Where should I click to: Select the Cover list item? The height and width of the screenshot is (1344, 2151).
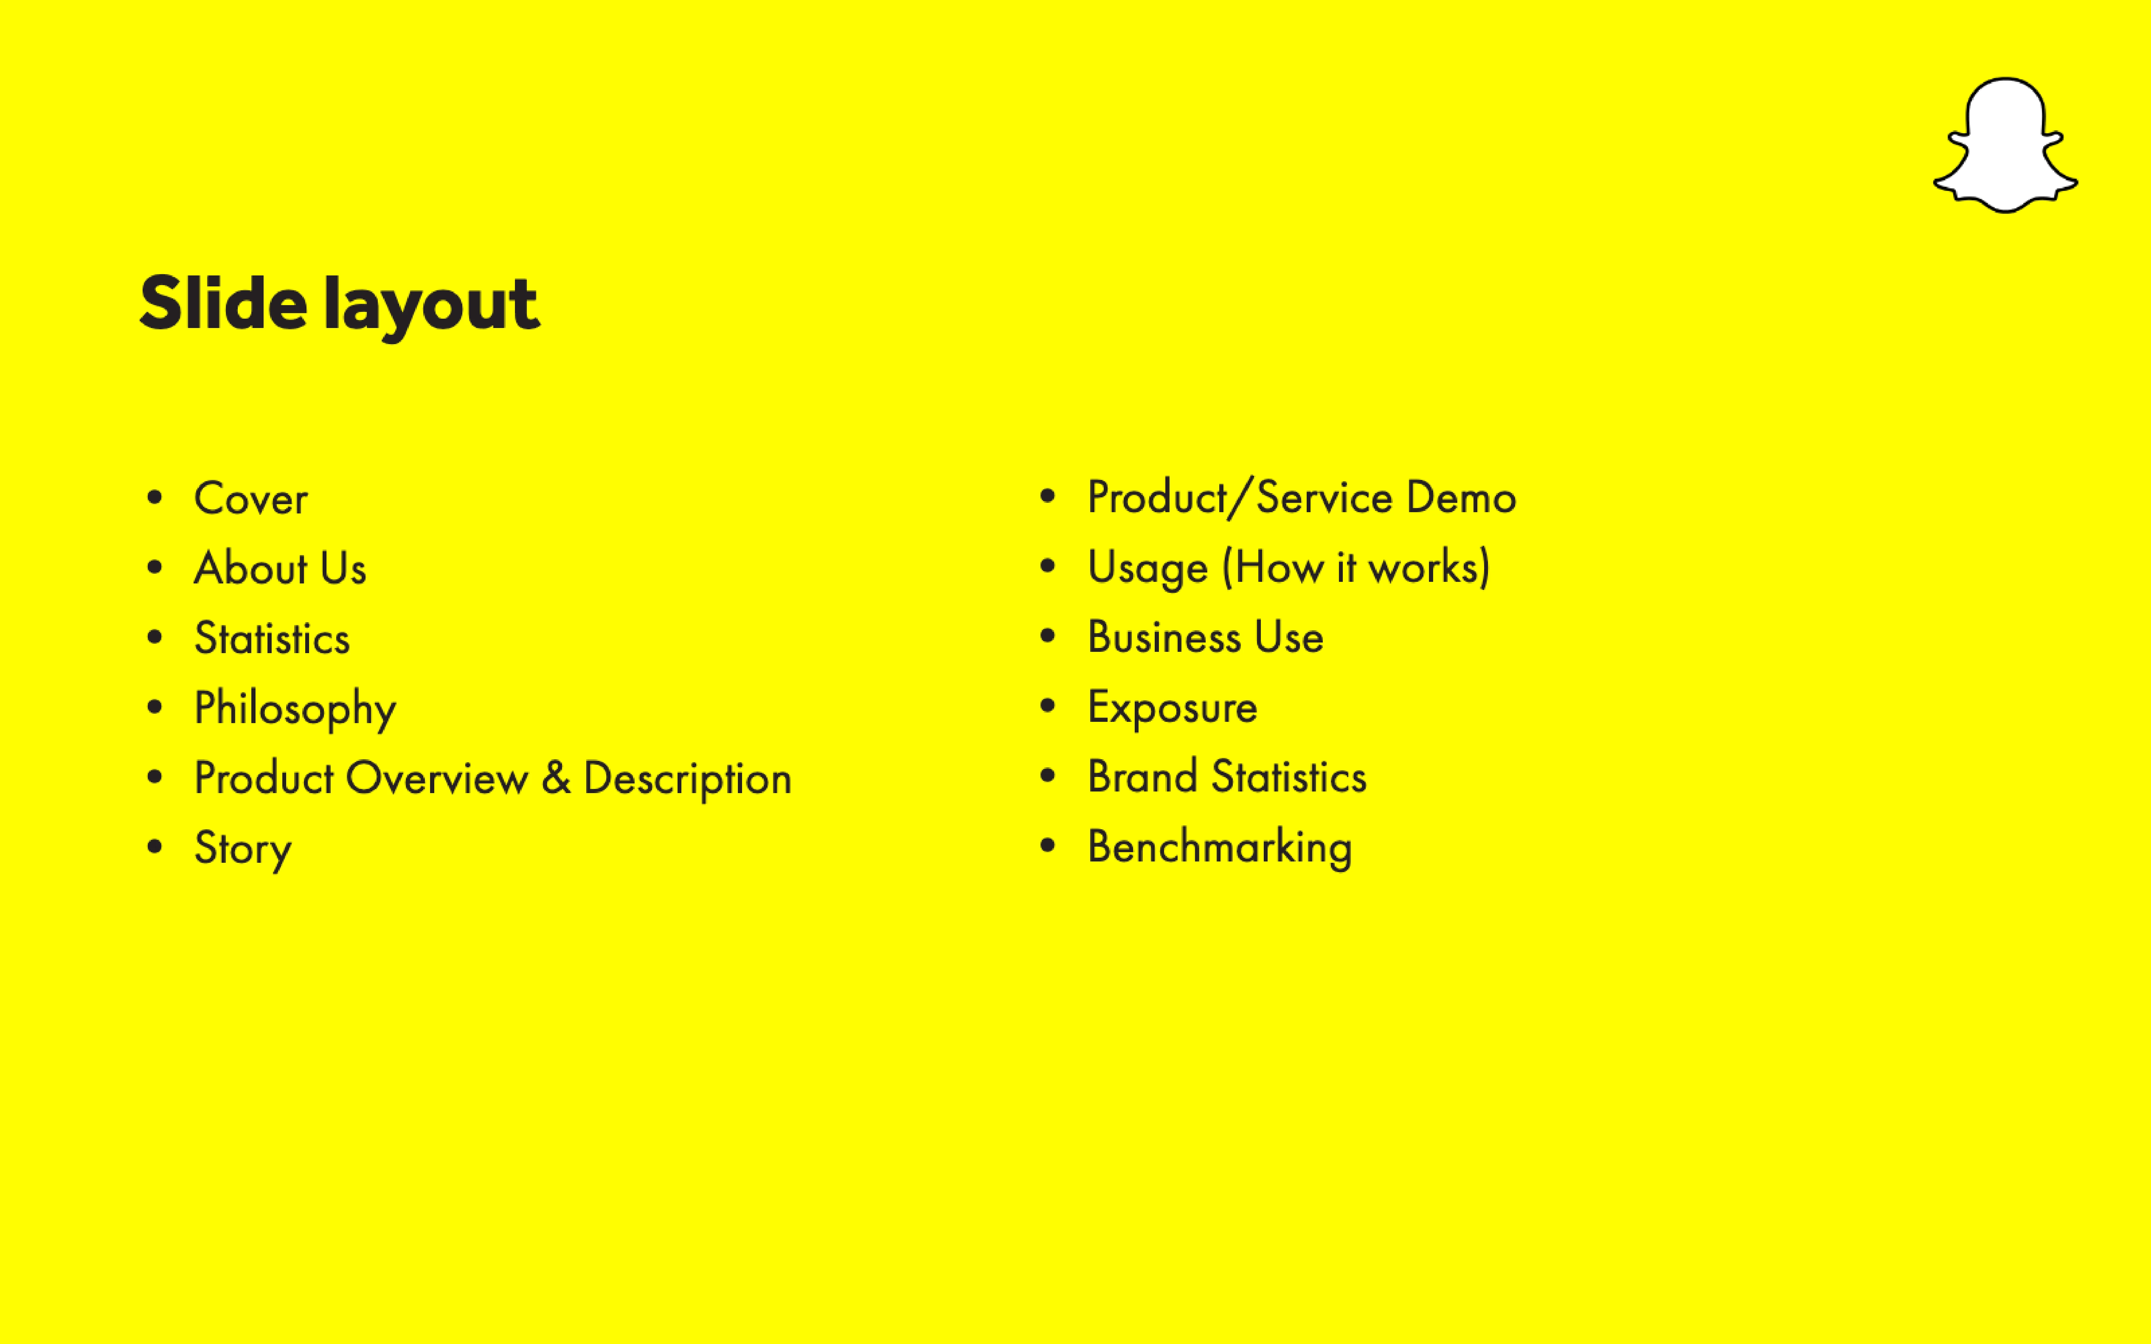pos(251,499)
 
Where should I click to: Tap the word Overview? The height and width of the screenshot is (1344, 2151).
pos(437,779)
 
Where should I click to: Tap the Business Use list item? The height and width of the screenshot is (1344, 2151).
pos(1205,637)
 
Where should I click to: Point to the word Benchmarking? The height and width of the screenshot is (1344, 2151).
pos(1219,847)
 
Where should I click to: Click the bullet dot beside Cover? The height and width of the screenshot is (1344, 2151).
pos(155,498)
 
